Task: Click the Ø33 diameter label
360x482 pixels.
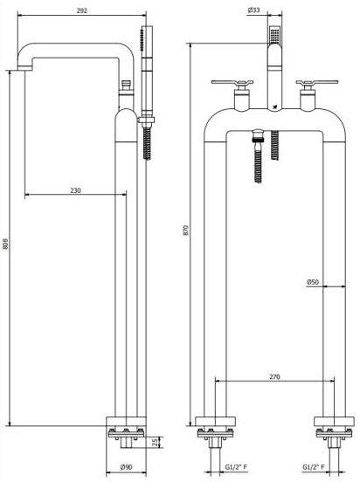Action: tap(253, 10)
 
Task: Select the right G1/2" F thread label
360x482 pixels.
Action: tap(317, 468)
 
